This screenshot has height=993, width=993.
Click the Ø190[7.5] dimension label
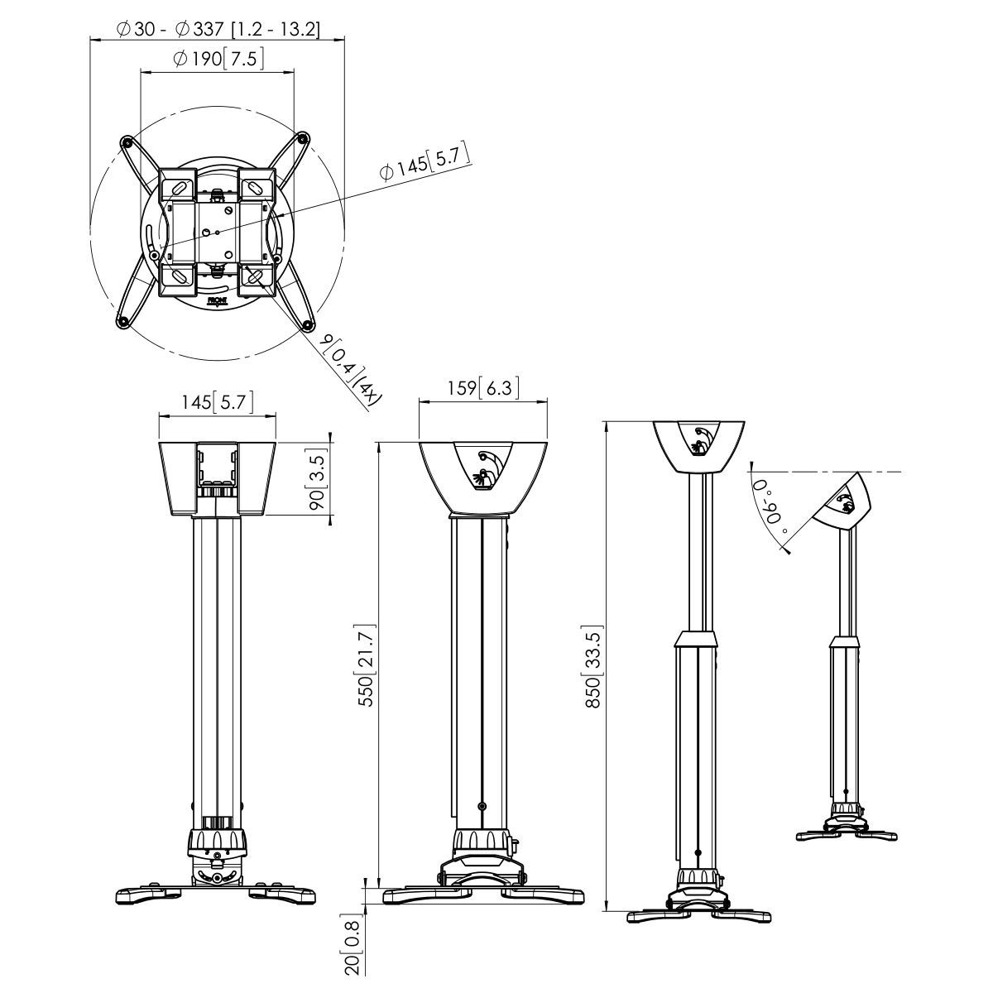(218, 60)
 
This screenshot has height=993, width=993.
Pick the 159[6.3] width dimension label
(483, 387)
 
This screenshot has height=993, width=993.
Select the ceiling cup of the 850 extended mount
(699, 446)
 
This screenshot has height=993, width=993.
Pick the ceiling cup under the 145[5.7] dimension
(217, 477)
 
